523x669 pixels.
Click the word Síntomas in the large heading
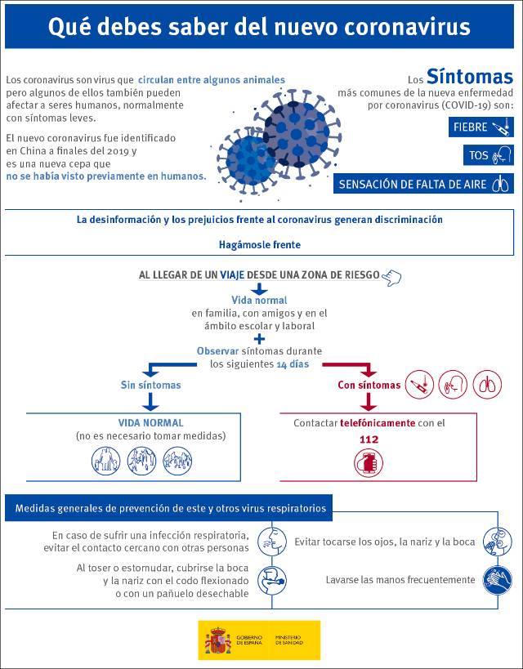[469, 78]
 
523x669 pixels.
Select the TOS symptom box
[489, 155]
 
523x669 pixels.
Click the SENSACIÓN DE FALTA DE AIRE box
[423, 184]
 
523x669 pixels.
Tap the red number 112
[369, 439]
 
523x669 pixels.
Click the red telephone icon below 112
[369, 463]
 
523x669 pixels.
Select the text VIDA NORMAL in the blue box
[150, 423]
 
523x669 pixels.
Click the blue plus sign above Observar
[259, 338]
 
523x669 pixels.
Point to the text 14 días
[293, 363]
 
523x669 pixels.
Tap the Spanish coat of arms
[217, 640]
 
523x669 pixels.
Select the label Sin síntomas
[150, 385]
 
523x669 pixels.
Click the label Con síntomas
[369, 385]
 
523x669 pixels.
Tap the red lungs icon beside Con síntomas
[488, 384]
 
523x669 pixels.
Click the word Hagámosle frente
[260, 244]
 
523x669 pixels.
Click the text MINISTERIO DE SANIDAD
[288, 640]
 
